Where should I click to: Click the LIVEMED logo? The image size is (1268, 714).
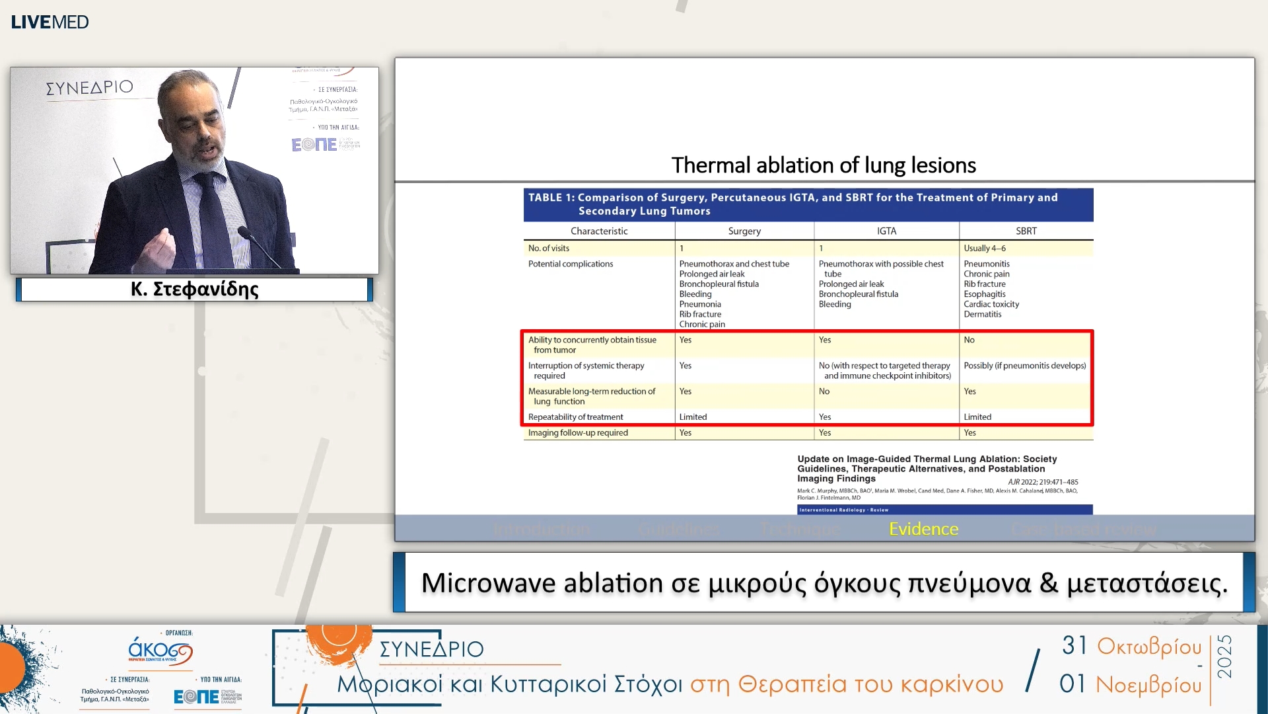tap(50, 22)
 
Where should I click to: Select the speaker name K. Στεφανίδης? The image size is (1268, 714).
tap(194, 289)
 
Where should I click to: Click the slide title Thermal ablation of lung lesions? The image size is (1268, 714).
tap(823, 165)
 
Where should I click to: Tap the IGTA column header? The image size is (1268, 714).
tap(886, 231)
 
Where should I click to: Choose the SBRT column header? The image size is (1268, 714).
tap(1026, 231)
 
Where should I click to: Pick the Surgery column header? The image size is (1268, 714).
tap(744, 231)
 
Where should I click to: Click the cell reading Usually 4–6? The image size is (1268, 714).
tap(984, 248)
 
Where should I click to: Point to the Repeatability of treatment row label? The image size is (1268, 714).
tap(575, 417)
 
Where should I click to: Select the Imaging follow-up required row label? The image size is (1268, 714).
tap(578, 433)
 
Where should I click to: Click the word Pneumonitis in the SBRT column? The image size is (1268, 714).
tap(986, 264)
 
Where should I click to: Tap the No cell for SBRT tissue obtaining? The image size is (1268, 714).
tap(969, 340)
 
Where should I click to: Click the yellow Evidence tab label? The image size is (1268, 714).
tap(923, 529)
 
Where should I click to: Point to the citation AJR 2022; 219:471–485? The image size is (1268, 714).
tap(1043, 482)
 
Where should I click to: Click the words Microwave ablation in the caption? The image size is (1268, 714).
tap(542, 583)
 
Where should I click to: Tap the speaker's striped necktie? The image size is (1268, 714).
tap(215, 212)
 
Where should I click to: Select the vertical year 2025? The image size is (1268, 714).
tap(1225, 656)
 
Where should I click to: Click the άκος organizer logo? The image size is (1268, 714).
tap(160, 651)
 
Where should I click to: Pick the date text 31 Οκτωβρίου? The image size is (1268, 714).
tap(1131, 646)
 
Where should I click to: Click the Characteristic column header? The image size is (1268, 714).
tap(599, 231)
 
